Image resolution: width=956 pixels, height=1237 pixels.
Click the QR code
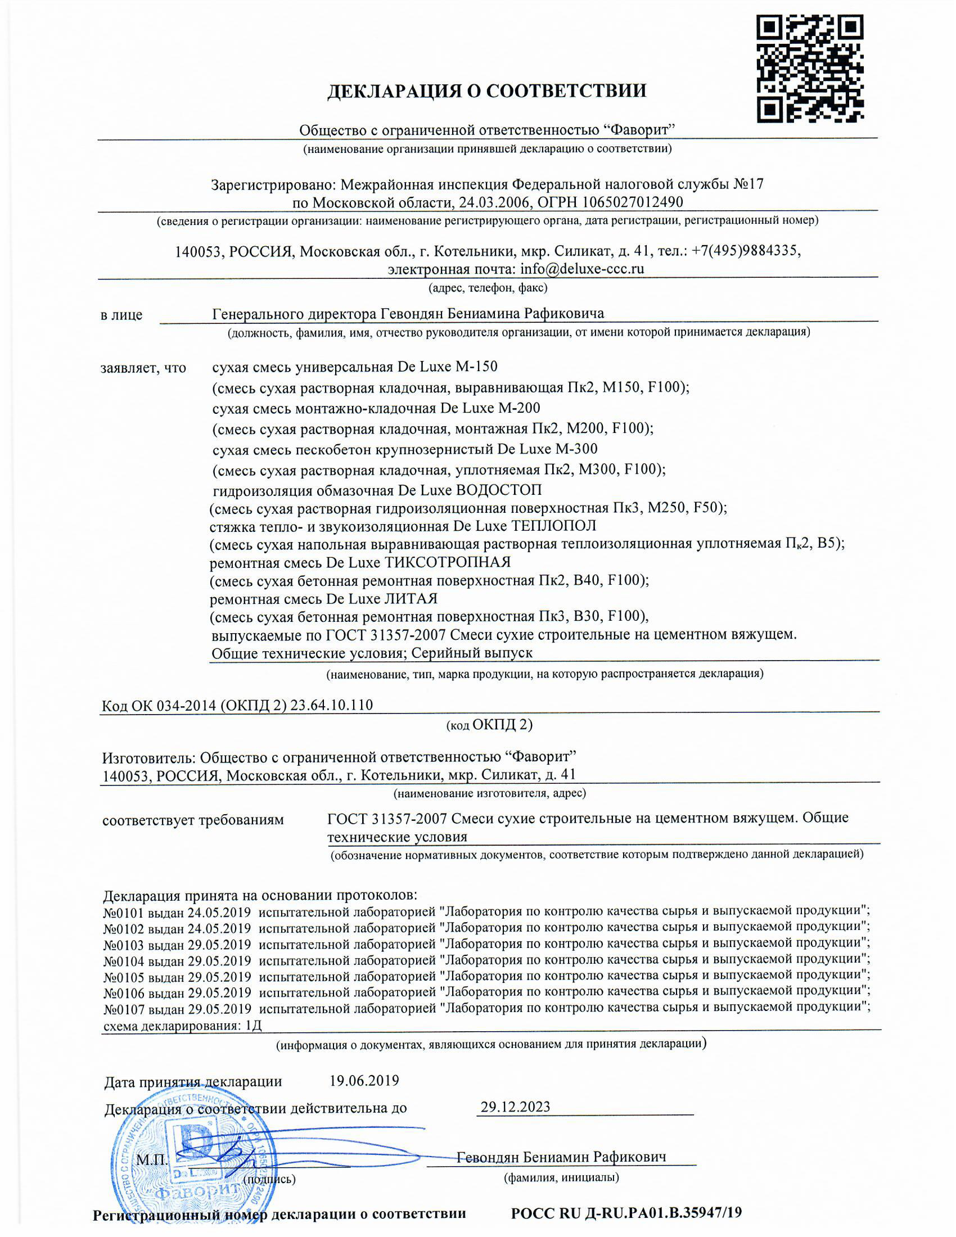tap(810, 69)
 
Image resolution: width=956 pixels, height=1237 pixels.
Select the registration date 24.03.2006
tap(493, 202)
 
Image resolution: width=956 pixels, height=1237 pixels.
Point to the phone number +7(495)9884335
tap(746, 250)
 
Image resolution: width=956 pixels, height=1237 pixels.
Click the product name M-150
tap(476, 367)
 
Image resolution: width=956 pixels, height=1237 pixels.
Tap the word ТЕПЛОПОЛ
tap(553, 526)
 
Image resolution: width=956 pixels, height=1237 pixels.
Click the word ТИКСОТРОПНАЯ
tap(448, 562)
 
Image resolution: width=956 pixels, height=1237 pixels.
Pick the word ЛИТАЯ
tap(411, 599)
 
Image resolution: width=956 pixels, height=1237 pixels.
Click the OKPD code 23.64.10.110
tap(331, 705)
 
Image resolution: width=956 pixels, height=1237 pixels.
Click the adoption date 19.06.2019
tap(364, 1081)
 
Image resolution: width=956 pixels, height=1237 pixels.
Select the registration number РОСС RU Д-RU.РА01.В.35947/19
tap(626, 1213)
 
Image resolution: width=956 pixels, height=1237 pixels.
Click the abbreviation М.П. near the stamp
tap(151, 1160)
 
